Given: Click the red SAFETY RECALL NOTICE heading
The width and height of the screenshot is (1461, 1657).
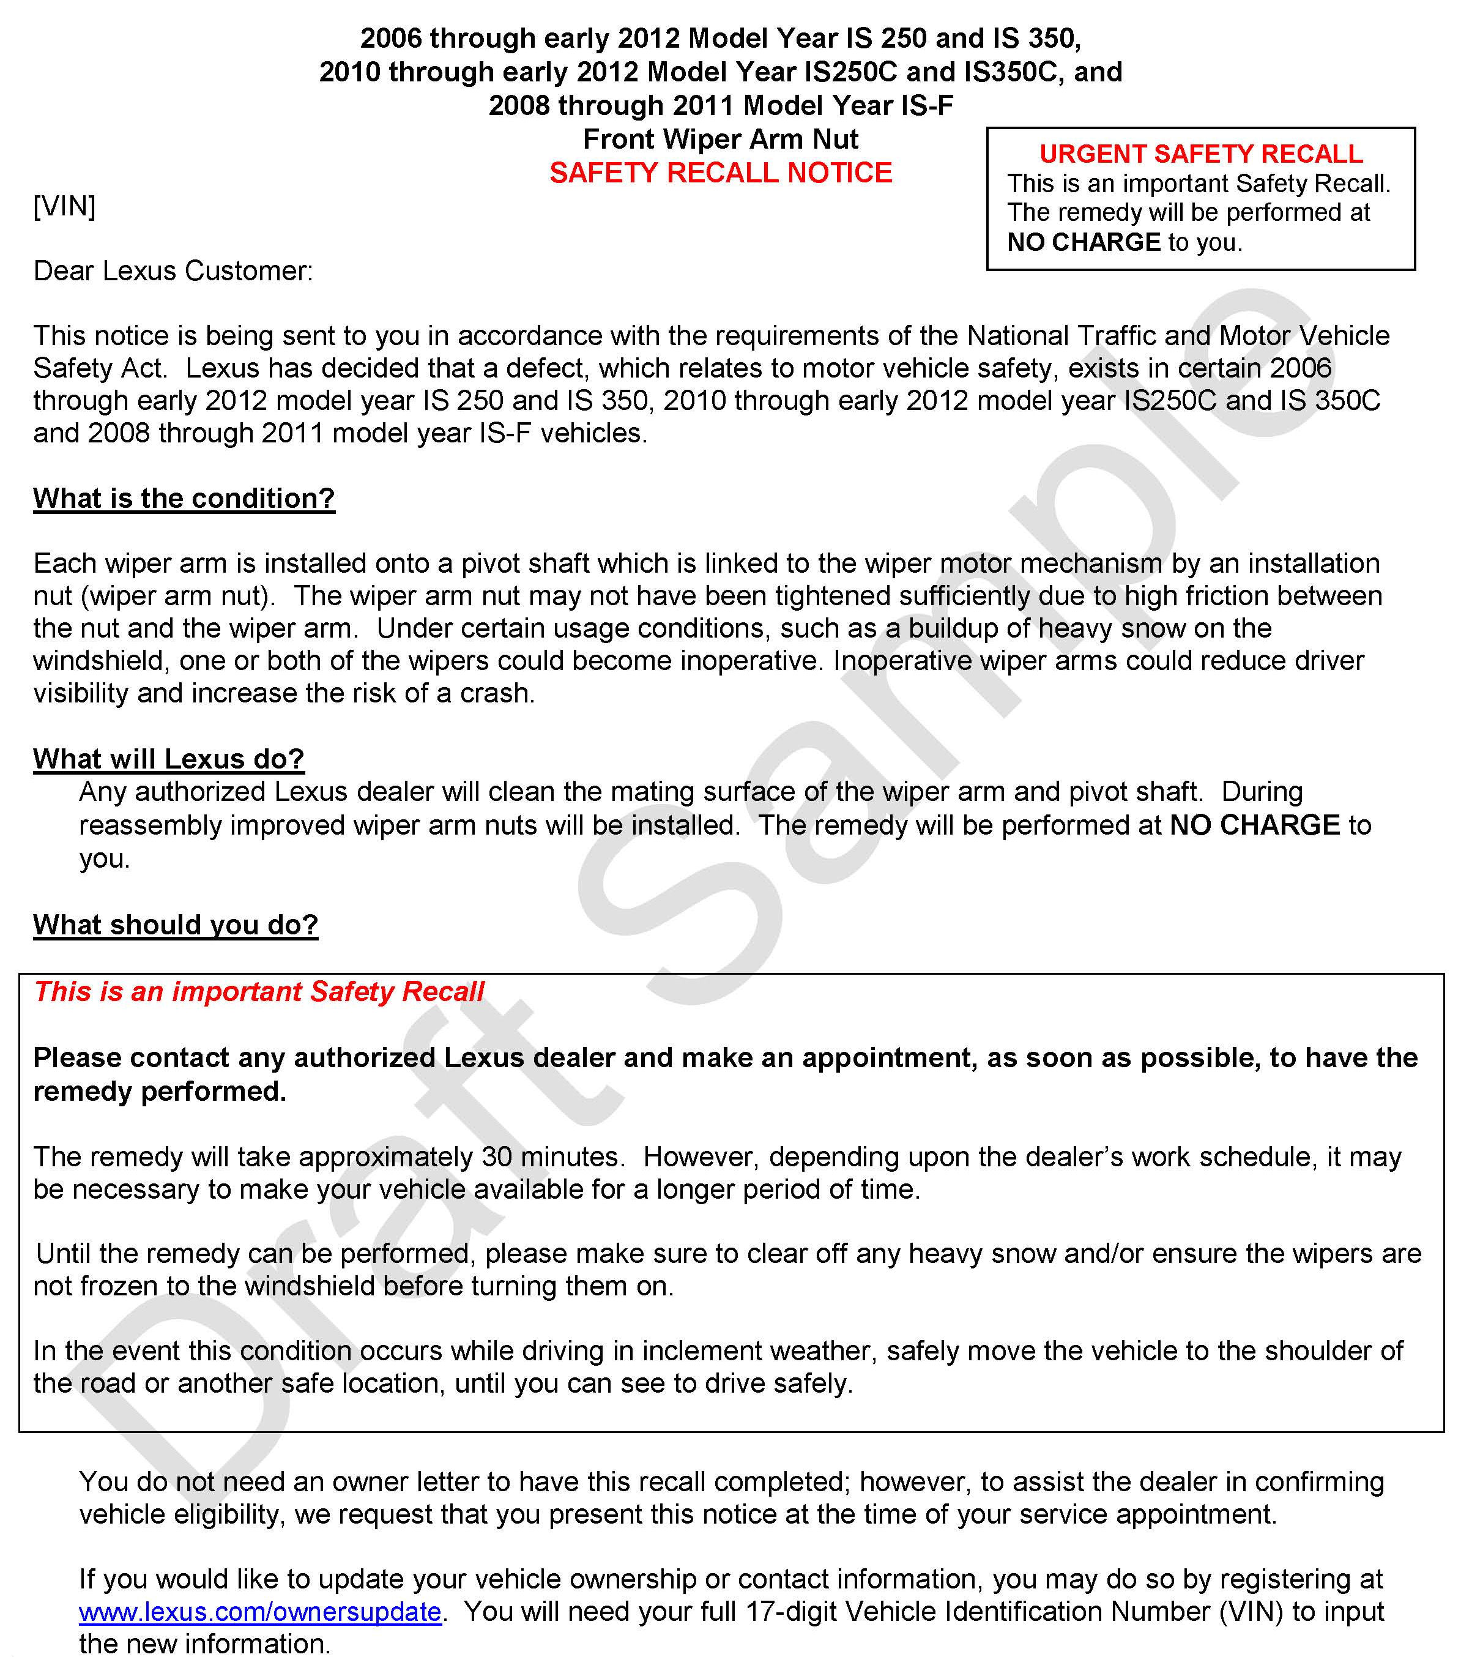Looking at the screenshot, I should tap(720, 173).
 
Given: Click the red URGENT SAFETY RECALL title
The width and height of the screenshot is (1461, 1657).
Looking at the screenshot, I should tap(1201, 154).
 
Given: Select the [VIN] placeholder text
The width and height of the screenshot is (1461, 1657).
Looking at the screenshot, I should tap(64, 206).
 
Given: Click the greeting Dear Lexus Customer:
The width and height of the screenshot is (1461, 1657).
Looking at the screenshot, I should tap(173, 271).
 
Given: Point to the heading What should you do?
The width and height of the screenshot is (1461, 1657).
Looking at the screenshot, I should tap(175, 925).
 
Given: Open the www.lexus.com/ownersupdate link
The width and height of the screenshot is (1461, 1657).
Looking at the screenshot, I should tap(260, 1612).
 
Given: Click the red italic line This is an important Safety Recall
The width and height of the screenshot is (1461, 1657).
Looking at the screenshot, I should tap(259, 991).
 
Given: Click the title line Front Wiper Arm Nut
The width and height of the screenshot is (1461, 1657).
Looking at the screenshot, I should tap(720, 140).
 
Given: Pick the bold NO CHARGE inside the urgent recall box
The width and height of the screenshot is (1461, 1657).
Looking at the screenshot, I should tap(1083, 242).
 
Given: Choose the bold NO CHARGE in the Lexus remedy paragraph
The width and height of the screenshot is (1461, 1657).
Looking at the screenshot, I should tap(1254, 825).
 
